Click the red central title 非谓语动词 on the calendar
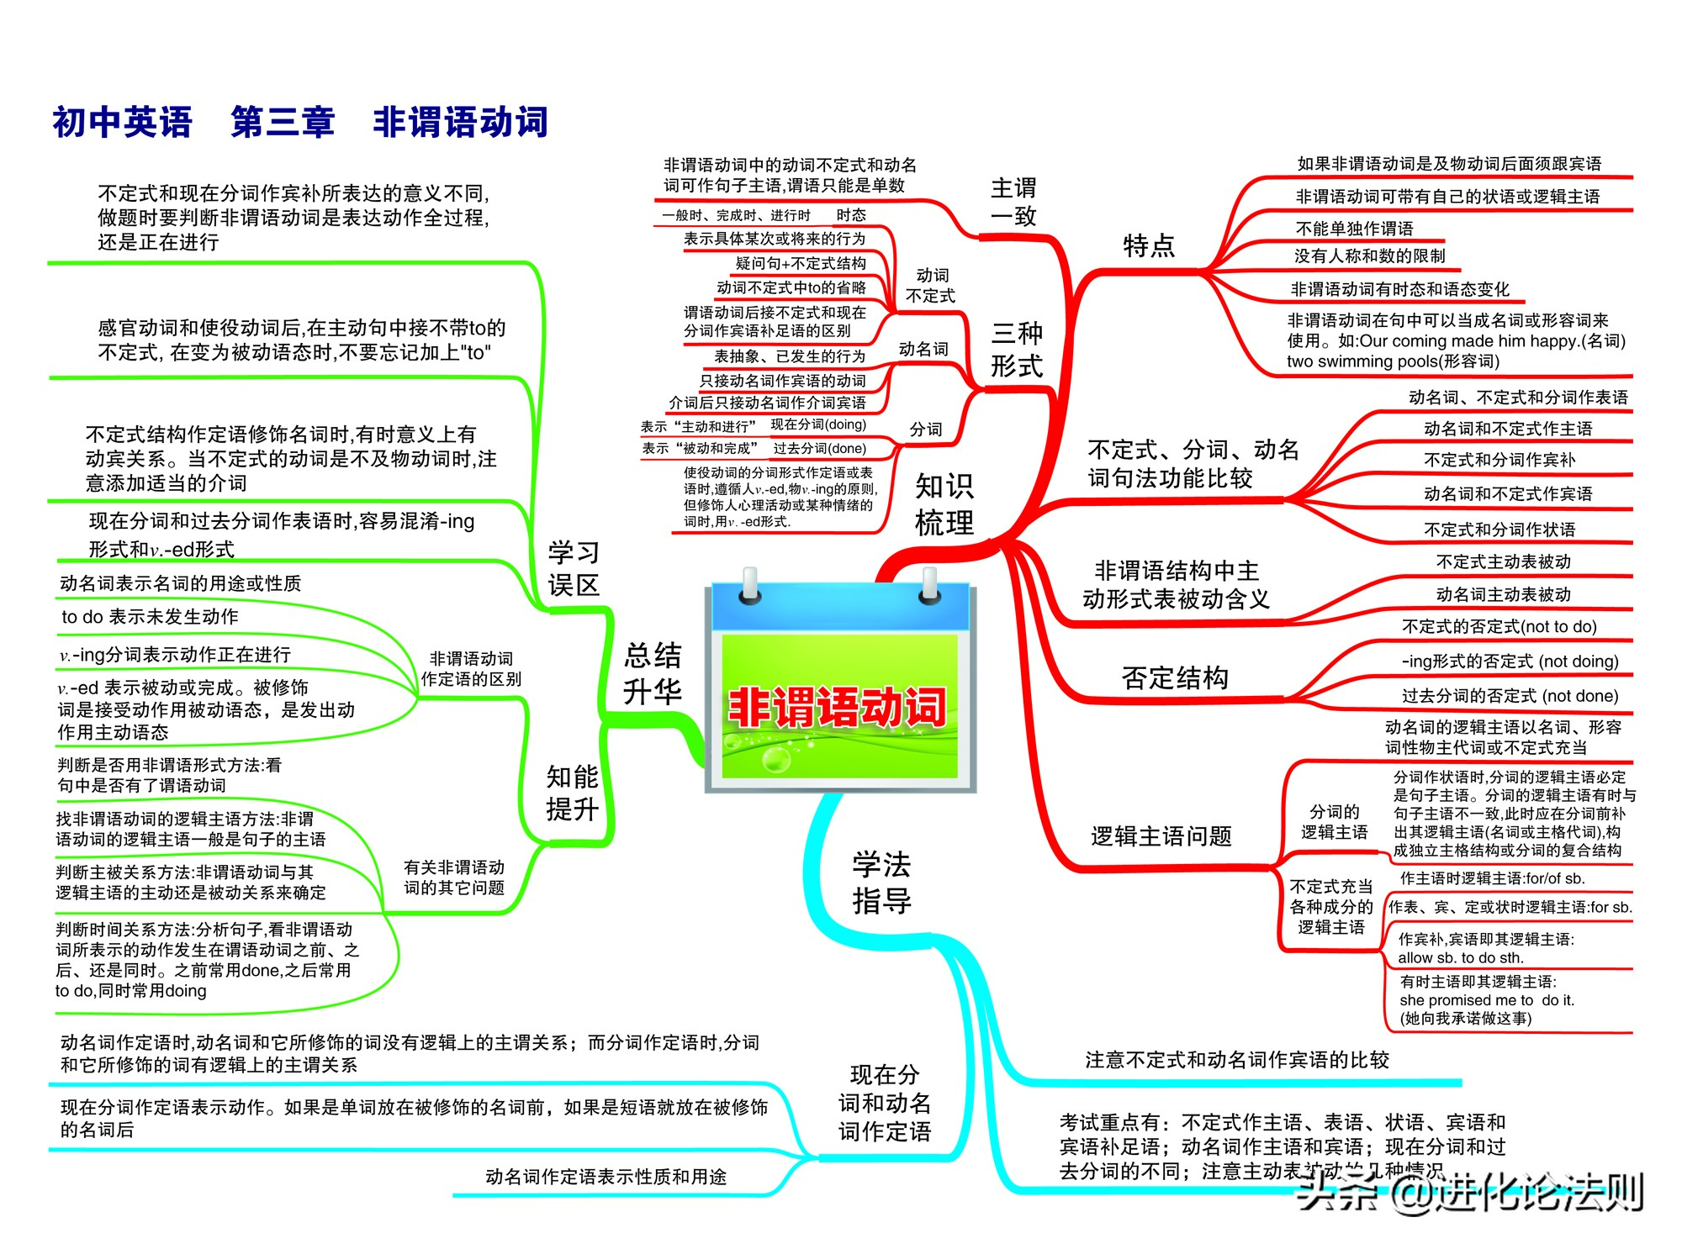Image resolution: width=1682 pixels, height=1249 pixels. coord(837,707)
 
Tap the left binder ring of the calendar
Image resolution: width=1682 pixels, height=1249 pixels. coord(749,586)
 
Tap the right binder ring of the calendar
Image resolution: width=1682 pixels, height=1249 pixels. coord(929,586)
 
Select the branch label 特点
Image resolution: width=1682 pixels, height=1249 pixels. coord(1149,245)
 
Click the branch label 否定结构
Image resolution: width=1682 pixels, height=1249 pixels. coord(1175,677)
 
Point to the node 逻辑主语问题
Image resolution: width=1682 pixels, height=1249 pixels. coord(1161,836)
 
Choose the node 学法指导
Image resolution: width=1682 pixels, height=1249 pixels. coord(882,883)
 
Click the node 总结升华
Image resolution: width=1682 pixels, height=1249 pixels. coord(653,673)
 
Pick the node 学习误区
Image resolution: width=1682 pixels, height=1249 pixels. coord(574,569)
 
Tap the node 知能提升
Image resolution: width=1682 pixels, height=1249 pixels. coord(573,793)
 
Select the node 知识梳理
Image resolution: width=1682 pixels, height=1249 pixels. coord(944,503)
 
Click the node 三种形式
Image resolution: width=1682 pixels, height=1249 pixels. coord(1017,350)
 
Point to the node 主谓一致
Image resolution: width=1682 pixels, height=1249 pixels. coord(1014,202)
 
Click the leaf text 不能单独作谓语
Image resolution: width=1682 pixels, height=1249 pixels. coord(1354,229)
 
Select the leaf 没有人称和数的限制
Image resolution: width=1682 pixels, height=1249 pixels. coord(1369,256)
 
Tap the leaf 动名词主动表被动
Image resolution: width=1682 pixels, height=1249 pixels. coord(1503,594)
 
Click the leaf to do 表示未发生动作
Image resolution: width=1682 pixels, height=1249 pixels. coord(150,617)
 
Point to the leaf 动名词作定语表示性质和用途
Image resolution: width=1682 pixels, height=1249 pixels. coord(606,1177)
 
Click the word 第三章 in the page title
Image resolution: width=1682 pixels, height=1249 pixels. coord(283,122)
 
